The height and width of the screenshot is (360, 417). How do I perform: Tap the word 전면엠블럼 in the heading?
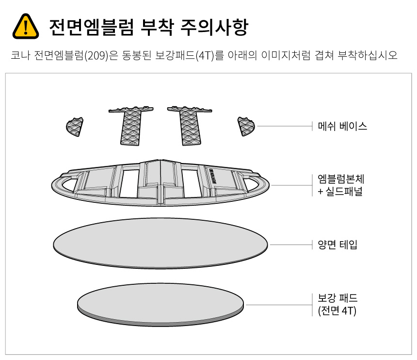[91, 27]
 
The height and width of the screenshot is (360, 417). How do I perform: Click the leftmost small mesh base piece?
[75, 126]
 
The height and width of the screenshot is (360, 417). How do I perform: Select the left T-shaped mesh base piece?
[130, 125]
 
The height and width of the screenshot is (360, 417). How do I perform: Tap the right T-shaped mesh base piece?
[188, 125]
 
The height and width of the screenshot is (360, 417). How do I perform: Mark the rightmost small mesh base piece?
[246, 126]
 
